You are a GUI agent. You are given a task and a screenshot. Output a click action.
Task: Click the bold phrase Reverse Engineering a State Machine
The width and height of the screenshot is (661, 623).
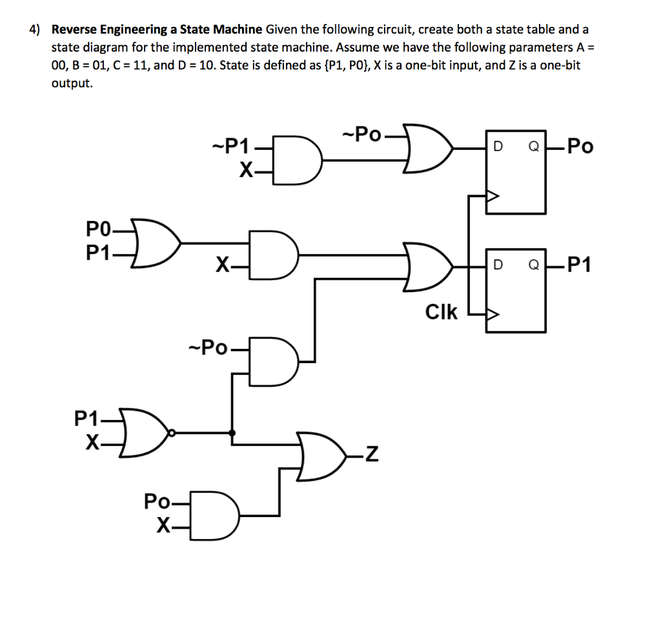click(x=157, y=29)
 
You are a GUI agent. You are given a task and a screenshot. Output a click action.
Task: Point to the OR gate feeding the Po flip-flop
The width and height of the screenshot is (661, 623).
click(x=428, y=148)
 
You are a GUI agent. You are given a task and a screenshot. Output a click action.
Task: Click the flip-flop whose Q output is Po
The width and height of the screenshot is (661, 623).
click(x=516, y=171)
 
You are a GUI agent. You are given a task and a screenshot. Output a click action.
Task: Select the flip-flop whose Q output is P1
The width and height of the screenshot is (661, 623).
click(x=516, y=290)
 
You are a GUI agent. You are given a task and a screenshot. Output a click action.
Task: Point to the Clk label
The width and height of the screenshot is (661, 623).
click(x=442, y=312)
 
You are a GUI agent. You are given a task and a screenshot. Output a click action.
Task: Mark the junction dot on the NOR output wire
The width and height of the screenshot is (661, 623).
click(x=232, y=432)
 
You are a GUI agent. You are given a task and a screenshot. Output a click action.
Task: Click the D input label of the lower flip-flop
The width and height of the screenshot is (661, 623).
click(x=496, y=266)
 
